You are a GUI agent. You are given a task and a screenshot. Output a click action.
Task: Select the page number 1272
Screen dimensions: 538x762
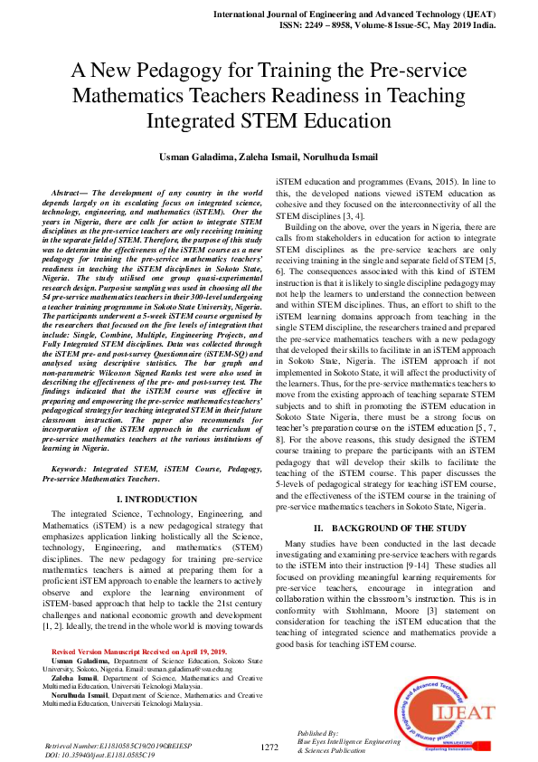(x=269, y=747)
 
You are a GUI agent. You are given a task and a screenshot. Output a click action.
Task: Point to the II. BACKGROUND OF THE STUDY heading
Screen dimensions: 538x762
(x=389, y=527)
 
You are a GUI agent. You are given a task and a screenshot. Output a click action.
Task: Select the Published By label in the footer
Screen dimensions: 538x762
(x=317, y=732)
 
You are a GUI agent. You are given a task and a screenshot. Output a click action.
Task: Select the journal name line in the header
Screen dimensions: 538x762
(x=373, y=14)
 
